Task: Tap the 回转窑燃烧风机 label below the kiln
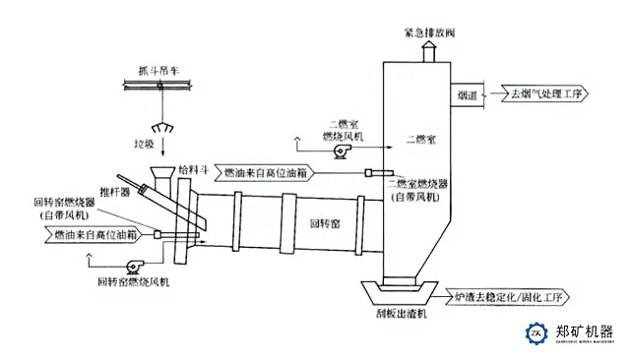137,281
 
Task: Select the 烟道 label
469,95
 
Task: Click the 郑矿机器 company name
585,330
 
